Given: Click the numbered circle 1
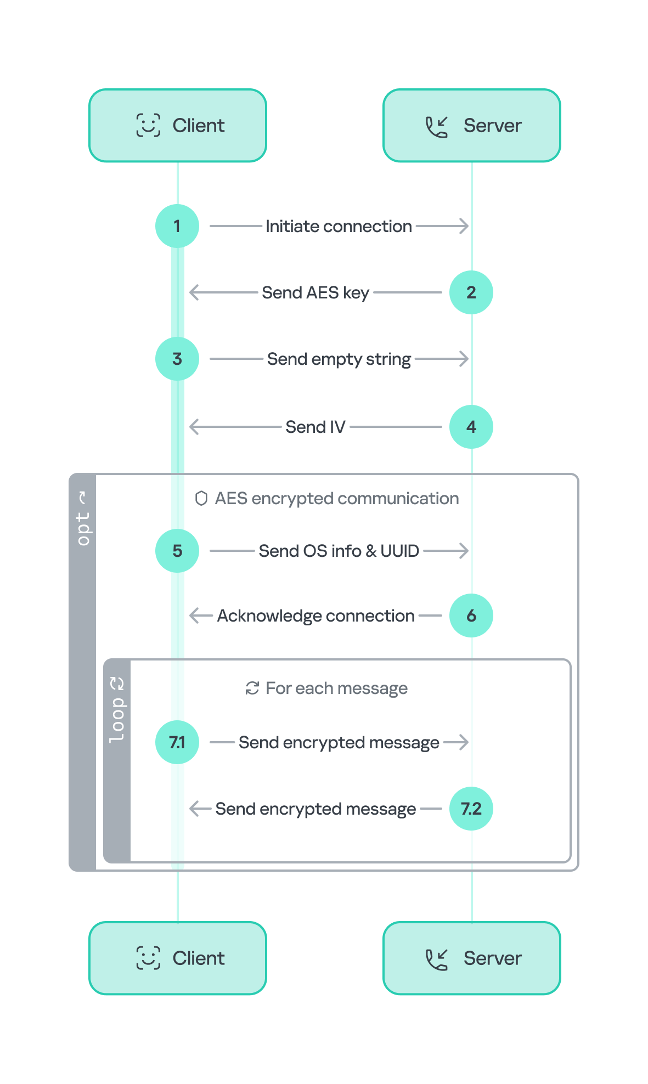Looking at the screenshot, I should click(x=177, y=226).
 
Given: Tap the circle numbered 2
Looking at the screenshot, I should click(x=471, y=292).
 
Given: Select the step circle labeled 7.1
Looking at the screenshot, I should click(x=177, y=742).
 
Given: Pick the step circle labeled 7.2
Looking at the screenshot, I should click(x=471, y=809).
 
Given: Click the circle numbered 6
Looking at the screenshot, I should click(x=471, y=616).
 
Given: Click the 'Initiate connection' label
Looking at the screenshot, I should click(x=339, y=226).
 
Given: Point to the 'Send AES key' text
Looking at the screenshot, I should click(x=315, y=292).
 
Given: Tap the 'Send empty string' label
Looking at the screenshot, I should click(x=339, y=359).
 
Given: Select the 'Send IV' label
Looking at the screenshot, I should click(x=315, y=427).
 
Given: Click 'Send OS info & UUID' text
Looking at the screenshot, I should click(x=339, y=551).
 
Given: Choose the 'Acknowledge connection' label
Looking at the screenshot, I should click(x=315, y=616).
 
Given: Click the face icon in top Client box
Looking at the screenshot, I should click(x=148, y=125).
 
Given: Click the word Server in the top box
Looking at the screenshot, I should click(x=492, y=126).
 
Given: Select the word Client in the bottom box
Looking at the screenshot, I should click(x=198, y=958).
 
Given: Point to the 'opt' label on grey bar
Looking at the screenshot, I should click(x=83, y=528).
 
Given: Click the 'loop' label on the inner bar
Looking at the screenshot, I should click(x=117, y=720).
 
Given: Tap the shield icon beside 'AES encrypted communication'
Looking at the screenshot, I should click(x=201, y=498).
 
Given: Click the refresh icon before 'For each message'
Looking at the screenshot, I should click(x=252, y=688).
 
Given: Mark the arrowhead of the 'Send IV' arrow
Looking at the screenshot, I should click(x=192, y=427).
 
